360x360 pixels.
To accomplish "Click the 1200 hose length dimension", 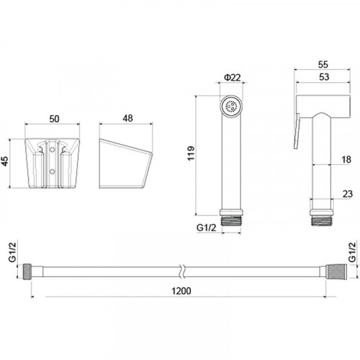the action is coord(181,291).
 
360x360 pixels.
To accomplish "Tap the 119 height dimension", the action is coord(191,153).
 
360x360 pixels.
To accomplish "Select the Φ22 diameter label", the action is coord(232,78).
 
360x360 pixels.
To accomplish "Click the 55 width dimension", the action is coord(323,64).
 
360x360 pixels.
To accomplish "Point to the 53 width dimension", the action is coord(324,77).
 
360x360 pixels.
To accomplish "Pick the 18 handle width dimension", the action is coord(346,159).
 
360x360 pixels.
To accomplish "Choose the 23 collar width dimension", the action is coord(347,194).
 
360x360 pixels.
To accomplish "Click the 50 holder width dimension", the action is coord(54,119).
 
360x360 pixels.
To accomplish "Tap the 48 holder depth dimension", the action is coord(127,118).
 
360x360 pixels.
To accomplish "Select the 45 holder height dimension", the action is coord(5,161).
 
